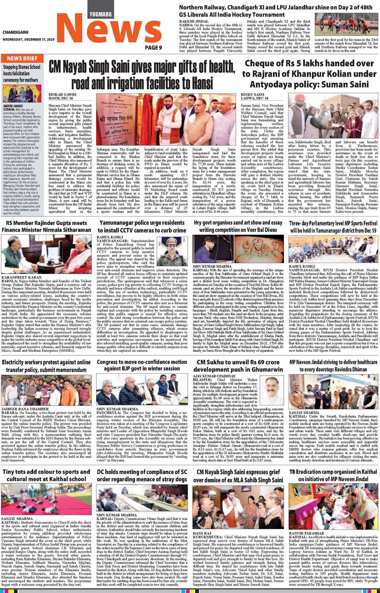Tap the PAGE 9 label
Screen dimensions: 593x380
[x=153, y=48]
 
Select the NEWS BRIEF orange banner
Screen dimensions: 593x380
[x=22, y=59]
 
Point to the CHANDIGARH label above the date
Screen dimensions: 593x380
[x=15, y=32]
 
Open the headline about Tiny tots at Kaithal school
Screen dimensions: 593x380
[x=46, y=466]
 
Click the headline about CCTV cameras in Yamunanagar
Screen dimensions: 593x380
[x=141, y=226]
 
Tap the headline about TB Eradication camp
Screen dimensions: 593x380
[x=333, y=466]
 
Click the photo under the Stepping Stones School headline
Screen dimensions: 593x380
[x=22, y=93]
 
